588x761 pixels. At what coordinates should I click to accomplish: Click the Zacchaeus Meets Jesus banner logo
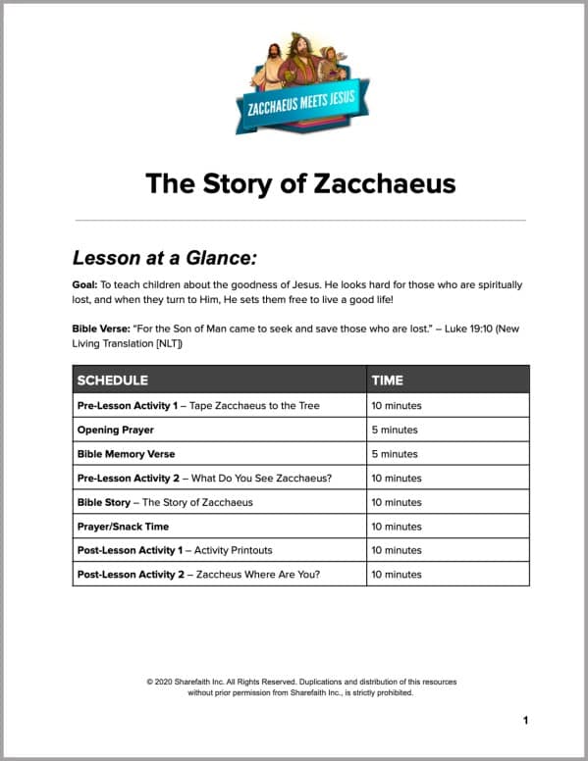pyautogui.click(x=294, y=86)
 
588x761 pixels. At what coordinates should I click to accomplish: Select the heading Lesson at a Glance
pyautogui.click(x=164, y=258)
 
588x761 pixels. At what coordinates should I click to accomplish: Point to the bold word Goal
pyautogui.click(x=85, y=284)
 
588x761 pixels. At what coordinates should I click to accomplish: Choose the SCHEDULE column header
pyautogui.click(x=113, y=380)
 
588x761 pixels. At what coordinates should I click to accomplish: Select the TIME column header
pyautogui.click(x=387, y=380)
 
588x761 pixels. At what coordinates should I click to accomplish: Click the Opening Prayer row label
pyautogui.click(x=116, y=430)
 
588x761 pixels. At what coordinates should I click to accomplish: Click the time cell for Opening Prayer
pyautogui.click(x=394, y=430)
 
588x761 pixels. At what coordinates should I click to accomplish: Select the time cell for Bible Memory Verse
pyautogui.click(x=394, y=454)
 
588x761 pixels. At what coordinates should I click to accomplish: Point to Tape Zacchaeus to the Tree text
pyautogui.click(x=255, y=406)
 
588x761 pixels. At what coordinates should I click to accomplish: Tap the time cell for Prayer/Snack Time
pyautogui.click(x=397, y=527)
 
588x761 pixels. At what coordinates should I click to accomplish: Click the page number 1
pyautogui.click(x=525, y=721)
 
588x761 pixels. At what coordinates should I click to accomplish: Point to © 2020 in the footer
pyautogui.click(x=157, y=682)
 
